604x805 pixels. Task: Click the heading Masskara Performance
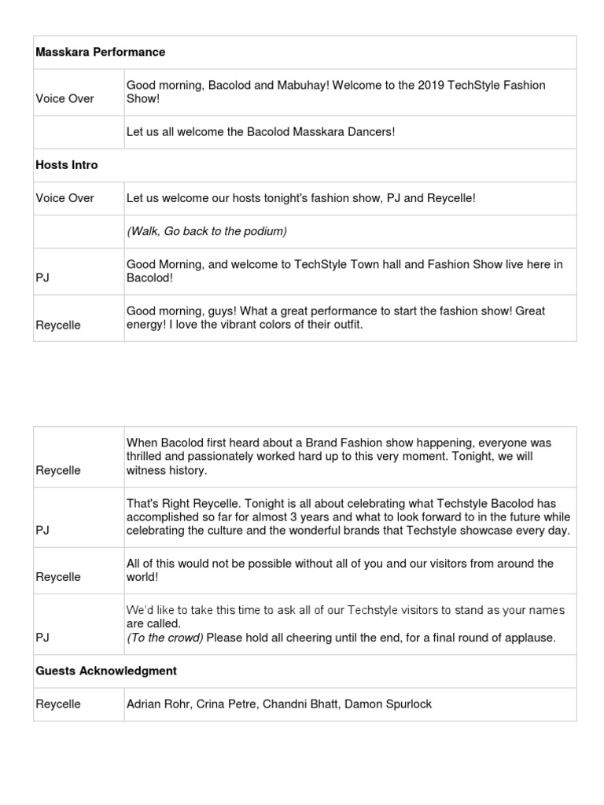click(101, 52)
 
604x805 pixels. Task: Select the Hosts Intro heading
click(67, 165)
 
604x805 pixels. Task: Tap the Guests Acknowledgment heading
click(106, 671)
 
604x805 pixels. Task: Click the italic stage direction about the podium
click(207, 231)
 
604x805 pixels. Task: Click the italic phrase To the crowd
click(165, 638)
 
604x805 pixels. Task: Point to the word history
click(189, 470)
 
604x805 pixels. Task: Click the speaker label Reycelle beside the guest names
click(58, 704)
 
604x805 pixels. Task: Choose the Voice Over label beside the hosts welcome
click(64, 198)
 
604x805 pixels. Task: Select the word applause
click(530, 638)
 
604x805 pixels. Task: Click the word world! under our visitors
click(142, 577)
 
